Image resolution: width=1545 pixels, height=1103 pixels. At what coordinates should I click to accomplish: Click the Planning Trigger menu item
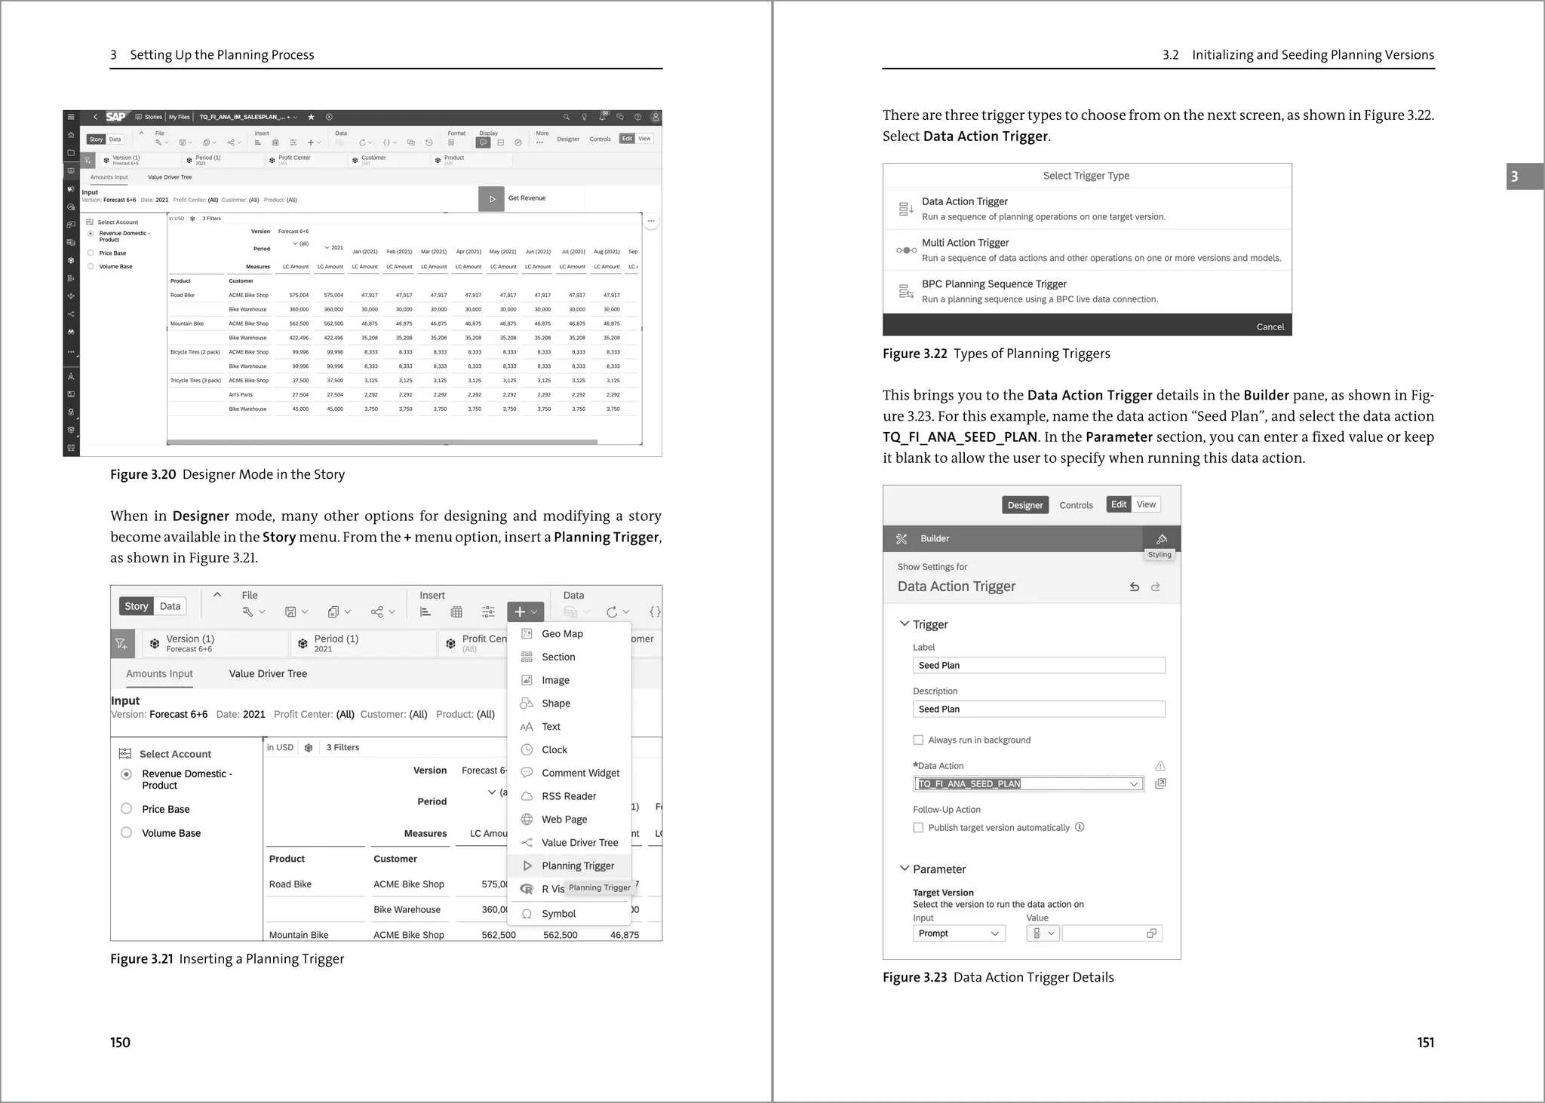pyautogui.click(x=577, y=866)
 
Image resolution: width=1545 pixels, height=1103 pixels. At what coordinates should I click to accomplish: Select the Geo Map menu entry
pyautogui.click(x=562, y=634)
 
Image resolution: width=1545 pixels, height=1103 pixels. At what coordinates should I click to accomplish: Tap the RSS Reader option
pyautogui.click(x=568, y=796)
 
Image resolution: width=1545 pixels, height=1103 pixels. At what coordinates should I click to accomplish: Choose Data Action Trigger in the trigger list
pyautogui.click(x=964, y=201)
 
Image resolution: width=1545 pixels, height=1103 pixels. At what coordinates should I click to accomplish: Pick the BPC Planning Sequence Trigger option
pyautogui.click(x=994, y=284)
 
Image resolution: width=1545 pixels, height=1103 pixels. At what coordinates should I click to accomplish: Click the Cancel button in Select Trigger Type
pyautogui.click(x=1270, y=326)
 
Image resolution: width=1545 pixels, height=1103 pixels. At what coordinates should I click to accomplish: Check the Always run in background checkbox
pyautogui.click(x=918, y=740)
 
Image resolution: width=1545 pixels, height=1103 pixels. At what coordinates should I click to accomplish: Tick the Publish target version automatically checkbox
pyautogui.click(x=918, y=828)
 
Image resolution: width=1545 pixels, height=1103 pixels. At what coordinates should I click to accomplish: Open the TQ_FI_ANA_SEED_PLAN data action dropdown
pyautogui.click(x=1133, y=784)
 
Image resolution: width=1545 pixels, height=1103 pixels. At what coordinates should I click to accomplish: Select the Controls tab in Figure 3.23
pyautogui.click(x=1076, y=505)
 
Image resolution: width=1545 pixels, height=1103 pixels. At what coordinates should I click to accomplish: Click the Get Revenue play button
pyautogui.click(x=492, y=199)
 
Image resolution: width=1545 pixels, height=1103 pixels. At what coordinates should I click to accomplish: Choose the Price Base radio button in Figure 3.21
pyautogui.click(x=127, y=809)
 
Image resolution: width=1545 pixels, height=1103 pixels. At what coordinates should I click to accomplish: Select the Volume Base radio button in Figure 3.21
pyautogui.click(x=127, y=833)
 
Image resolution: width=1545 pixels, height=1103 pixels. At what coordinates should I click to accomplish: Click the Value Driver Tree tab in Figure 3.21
pyautogui.click(x=268, y=674)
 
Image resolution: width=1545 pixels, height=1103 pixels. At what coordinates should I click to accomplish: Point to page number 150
pyautogui.click(x=121, y=1043)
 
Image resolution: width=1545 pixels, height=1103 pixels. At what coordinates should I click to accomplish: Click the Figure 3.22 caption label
pyautogui.click(x=914, y=354)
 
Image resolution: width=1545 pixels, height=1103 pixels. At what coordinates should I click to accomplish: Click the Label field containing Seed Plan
pyautogui.click(x=1038, y=665)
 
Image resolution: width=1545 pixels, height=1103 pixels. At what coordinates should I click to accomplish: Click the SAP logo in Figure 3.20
pyautogui.click(x=115, y=117)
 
